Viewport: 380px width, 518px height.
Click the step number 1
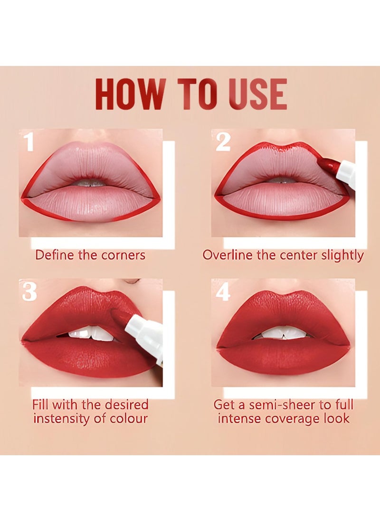[29, 142]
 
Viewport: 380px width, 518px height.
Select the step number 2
[223, 142]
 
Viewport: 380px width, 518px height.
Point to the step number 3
[29, 292]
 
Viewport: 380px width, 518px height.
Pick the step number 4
[223, 292]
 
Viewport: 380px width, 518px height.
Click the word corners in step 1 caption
[123, 255]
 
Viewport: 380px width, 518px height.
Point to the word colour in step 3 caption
[127, 418]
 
